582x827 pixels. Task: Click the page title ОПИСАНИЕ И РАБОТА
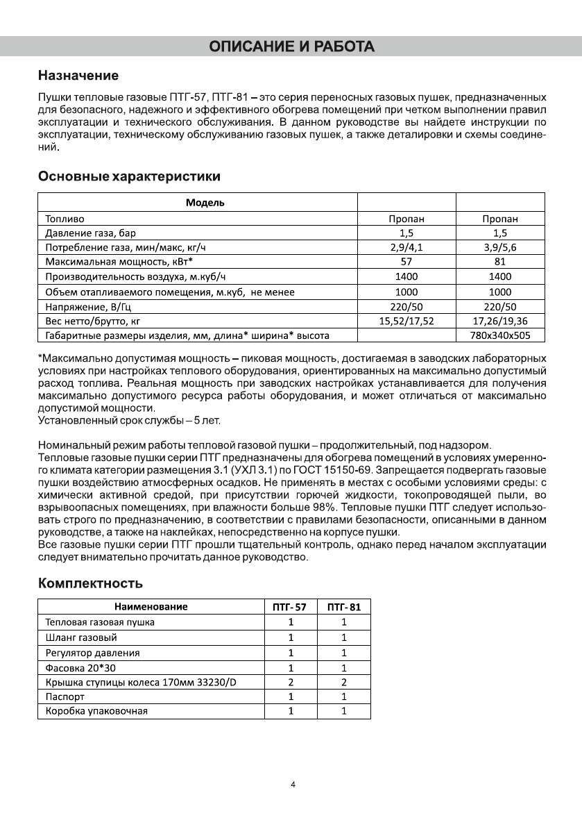pos(291,47)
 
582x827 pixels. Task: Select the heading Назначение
pos(78,75)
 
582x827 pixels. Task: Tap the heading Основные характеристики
pos(129,176)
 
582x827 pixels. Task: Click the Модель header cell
pos(205,203)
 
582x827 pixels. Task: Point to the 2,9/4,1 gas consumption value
pos(406,248)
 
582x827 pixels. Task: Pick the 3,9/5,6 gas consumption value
pos(500,248)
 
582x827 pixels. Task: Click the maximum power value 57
pos(406,262)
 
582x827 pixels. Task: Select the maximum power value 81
pos(500,262)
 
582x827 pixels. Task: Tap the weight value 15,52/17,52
pos(406,321)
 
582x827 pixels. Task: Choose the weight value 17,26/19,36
pos(500,321)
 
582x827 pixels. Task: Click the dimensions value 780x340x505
pos(500,336)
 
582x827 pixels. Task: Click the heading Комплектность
pos(90,583)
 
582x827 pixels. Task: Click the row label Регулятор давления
pos(92,653)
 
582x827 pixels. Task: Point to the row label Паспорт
pos(65,696)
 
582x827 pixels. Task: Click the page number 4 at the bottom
pos(293,785)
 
